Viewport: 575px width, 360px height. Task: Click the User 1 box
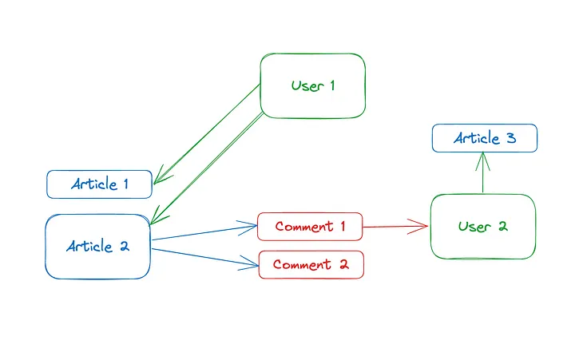[x=312, y=85]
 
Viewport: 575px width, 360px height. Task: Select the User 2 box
[x=482, y=226]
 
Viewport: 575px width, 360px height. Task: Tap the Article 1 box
[x=99, y=184]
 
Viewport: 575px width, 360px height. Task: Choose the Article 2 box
[x=97, y=247]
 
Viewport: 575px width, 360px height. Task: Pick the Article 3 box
[x=484, y=138]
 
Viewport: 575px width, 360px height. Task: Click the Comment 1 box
[x=310, y=227]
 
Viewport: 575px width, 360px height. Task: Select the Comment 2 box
[x=311, y=264]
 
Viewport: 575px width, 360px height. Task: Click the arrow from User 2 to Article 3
[x=482, y=176]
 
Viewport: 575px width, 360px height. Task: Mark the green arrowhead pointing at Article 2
[x=157, y=216]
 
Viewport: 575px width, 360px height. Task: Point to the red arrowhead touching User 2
[x=421, y=227]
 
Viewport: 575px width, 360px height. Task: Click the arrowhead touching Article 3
[x=482, y=158]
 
